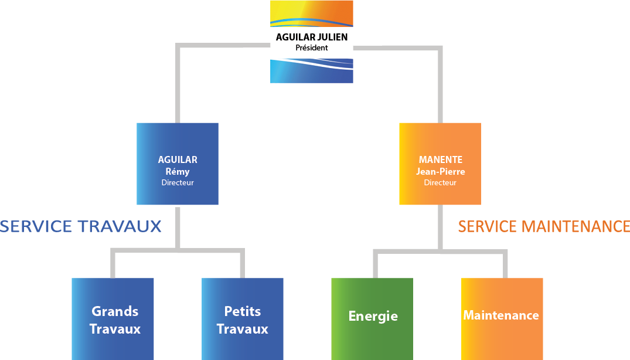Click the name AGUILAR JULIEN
(311, 37)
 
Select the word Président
(311, 47)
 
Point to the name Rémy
(178, 171)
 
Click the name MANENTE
(440, 159)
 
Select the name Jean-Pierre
(440, 171)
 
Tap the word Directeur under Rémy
(178, 182)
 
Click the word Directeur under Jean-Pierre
(440, 182)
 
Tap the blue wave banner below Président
(311, 70)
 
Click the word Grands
(115, 311)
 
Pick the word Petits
(243, 311)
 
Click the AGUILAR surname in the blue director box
(178, 159)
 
